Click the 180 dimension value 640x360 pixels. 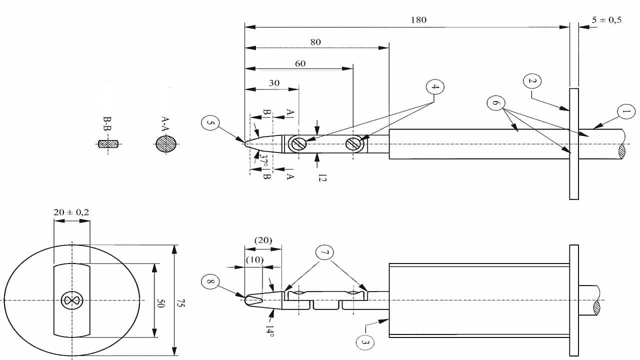point(418,20)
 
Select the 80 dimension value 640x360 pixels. point(315,42)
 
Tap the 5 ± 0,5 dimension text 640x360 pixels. point(606,20)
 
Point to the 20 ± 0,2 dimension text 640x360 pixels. point(71,212)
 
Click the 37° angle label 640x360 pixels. point(264,160)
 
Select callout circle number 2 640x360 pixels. point(532,81)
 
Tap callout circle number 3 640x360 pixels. point(364,342)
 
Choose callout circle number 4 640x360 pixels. point(435,87)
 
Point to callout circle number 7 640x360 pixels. point(324,253)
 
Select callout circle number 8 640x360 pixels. point(210,282)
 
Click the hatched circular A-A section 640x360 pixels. point(166,144)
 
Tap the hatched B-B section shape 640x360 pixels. point(107,144)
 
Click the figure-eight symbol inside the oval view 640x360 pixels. point(70,300)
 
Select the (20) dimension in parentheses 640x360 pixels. point(263,240)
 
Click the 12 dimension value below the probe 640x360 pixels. point(322,176)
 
